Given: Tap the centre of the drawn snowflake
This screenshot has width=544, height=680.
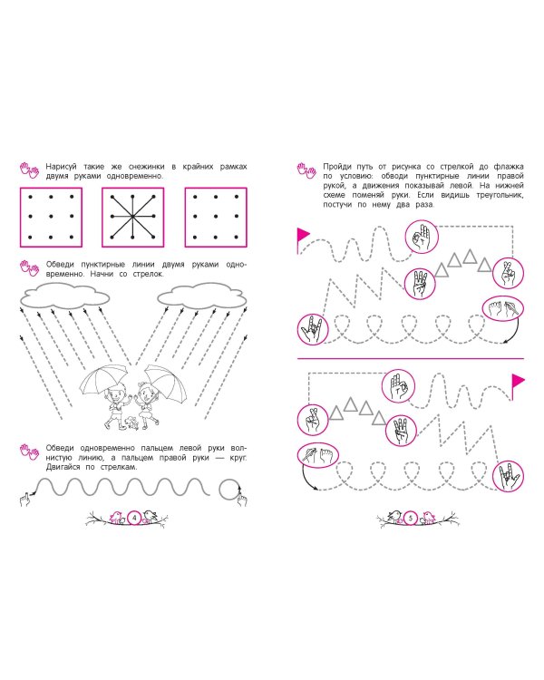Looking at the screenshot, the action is tap(132, 217).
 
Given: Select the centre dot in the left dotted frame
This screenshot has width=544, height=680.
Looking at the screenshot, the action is tap(51, 217).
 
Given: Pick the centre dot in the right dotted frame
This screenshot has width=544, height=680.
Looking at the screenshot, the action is tap(216, 217).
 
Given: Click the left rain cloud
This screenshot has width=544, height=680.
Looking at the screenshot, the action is tap(65, 296).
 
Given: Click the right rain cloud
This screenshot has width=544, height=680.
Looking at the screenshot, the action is tap(201, 296).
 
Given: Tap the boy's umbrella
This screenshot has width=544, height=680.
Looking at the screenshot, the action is tap(103, 379).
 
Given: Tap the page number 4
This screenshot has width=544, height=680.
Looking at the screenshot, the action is tap(134, 518).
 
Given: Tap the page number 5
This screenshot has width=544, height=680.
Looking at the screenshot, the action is tap(411, 518).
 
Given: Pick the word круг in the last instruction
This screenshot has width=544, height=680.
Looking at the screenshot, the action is tap(238, 458).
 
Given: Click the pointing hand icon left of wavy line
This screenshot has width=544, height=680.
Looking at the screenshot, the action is tap(25, 500).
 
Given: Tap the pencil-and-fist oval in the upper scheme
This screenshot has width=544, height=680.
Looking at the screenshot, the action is tap(503, 308).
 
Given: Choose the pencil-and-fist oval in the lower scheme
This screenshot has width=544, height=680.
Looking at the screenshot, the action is tap(318, 455).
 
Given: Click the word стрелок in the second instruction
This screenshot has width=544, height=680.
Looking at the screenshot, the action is tap(149, 274).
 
